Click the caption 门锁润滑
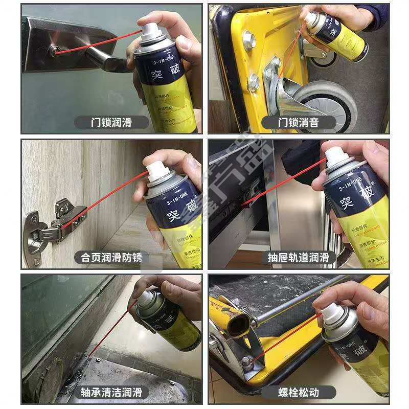click(111, 123)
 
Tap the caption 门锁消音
click(299, 123)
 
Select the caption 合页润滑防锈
click(111, 257)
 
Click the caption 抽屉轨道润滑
click(299, 257)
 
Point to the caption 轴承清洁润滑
click(111, 392)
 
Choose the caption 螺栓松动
click(299, 392)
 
